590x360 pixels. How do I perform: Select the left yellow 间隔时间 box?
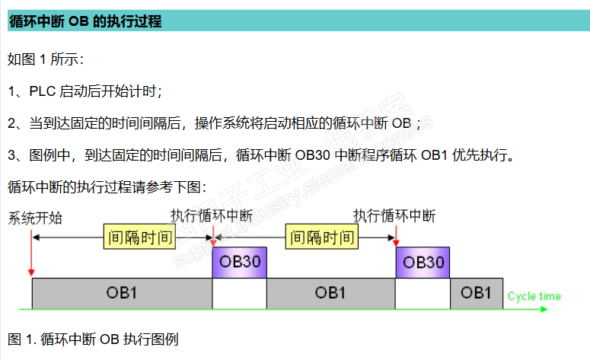(139, 237)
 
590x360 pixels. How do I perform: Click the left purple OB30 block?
(239, 262)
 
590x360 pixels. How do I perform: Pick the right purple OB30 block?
(423, 262)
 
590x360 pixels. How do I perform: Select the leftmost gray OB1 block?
(122, 292)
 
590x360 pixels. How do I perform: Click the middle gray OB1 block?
(330, 292)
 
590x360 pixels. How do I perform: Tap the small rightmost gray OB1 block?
(476, 292)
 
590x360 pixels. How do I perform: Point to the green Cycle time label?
(534, 296)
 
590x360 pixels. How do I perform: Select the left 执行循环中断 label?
(212, 216)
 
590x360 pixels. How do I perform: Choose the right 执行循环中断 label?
(394, 216)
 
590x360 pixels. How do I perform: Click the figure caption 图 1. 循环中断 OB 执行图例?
(93, 339)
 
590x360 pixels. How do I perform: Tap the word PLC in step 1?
(43, 92)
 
